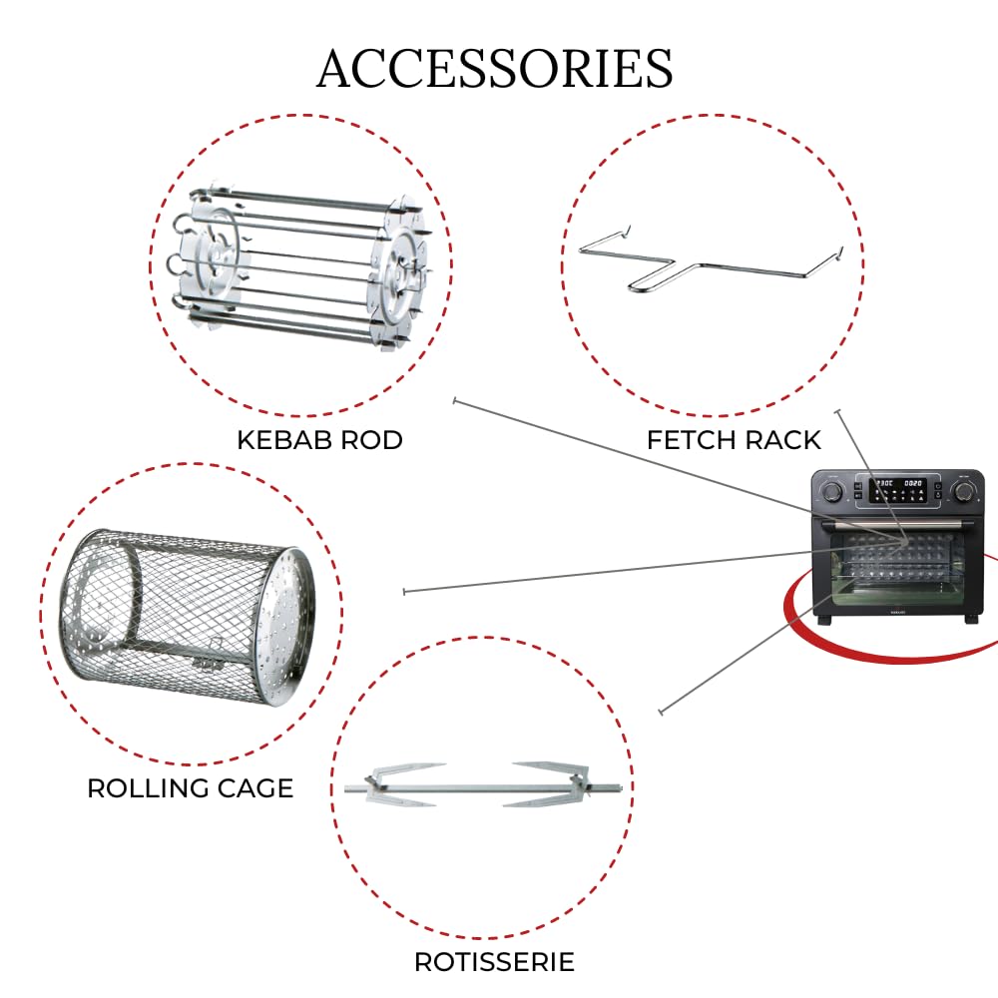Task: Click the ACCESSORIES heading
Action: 495,68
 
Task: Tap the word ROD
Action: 371,440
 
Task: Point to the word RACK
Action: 782,440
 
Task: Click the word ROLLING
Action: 148,788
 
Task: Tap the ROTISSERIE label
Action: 495,962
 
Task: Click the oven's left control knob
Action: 832,491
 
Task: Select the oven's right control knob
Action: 963,491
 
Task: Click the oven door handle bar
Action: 898,524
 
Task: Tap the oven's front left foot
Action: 823,619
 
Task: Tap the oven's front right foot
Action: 971,619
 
